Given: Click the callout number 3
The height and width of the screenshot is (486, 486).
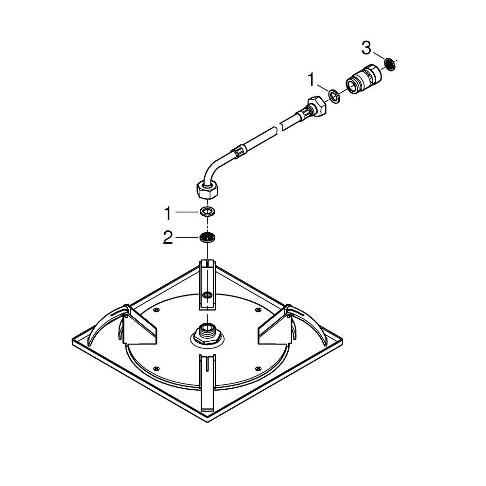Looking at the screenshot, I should coord(366,48).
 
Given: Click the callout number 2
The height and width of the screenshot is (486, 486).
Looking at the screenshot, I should coord(168,238).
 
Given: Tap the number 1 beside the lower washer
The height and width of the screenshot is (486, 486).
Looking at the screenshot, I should coord(168,213).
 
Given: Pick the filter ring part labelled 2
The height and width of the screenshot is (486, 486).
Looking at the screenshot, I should coord(207,237).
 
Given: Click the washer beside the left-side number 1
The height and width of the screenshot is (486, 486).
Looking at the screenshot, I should coord(207,212).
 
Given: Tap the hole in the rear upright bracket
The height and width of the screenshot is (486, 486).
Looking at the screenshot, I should coord(208,295).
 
